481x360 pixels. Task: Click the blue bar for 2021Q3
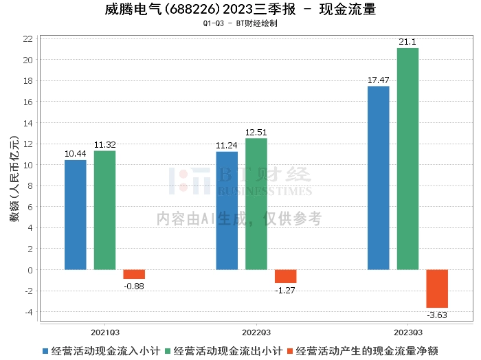pos(76,215)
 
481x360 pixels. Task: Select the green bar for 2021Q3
pos(105,210)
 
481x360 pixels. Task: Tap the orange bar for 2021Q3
pos(134,274)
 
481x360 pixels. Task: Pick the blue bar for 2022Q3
pos(227,211)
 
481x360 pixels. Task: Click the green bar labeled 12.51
pos(256,204)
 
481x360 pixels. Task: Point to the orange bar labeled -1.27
pos(286,276)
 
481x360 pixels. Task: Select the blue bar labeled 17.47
pos(379,178)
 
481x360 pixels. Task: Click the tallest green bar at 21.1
pos(407,159)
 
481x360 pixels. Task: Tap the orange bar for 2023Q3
pos(437,289)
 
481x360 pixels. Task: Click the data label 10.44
pos(76,154)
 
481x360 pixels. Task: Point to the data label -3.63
pos(437,315)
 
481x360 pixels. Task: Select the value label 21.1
pos(407,42)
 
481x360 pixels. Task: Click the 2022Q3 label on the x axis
pos(256,333)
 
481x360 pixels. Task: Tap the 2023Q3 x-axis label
pos(408,333)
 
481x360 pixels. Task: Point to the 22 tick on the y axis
pos(28,39)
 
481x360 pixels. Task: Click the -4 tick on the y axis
pos(29,312)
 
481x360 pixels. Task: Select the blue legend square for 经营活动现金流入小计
pos(45,351)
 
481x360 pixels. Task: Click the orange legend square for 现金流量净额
pos(290,351)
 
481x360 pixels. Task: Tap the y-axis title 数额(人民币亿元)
pos(14,179)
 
